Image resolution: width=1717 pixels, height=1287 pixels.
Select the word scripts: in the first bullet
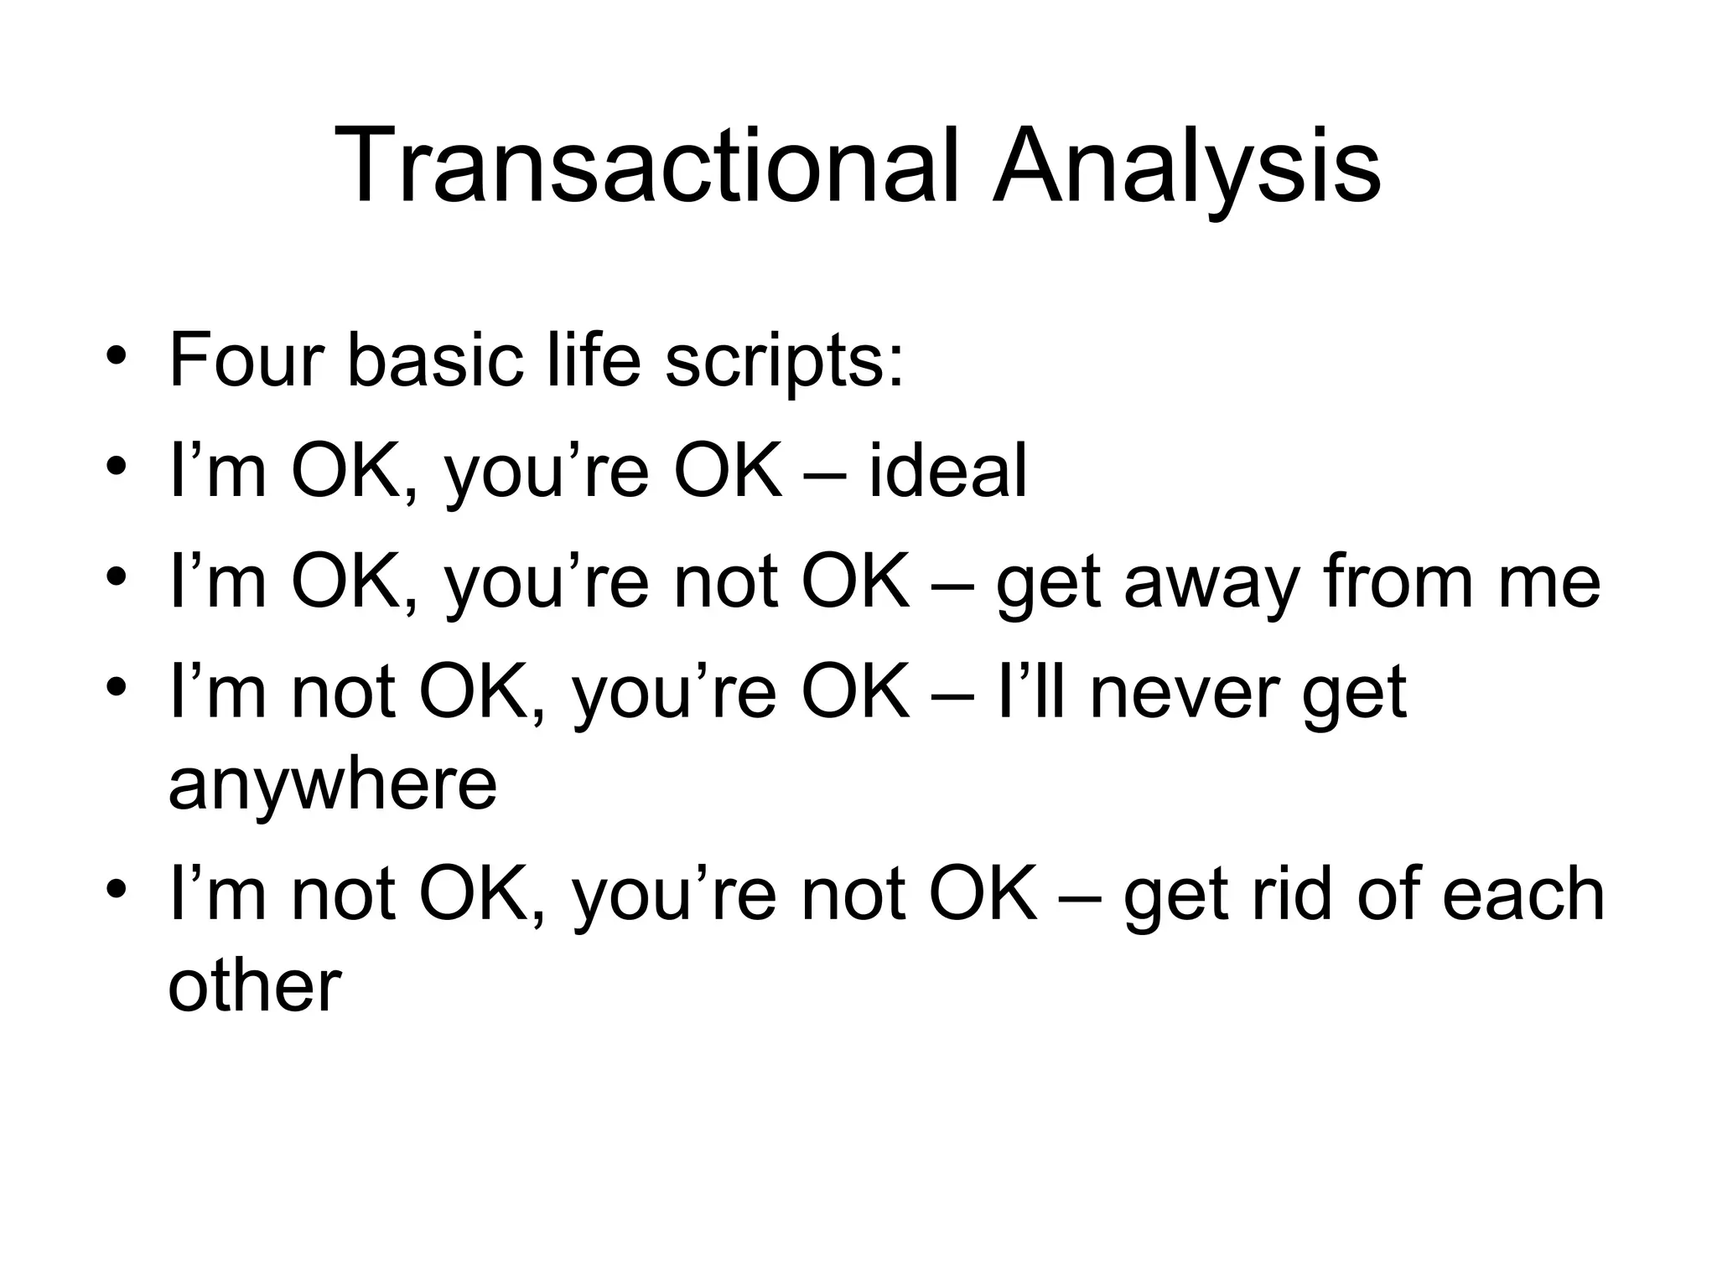[784, 362]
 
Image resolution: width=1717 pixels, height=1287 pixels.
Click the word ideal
[947, 471]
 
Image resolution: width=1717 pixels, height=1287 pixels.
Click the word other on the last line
[255, 985]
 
